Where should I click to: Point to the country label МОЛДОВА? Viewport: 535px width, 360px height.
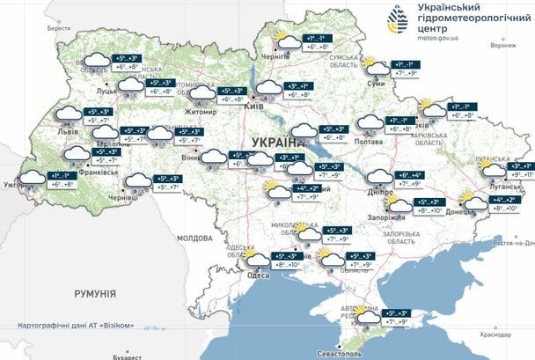[x=195, y=239]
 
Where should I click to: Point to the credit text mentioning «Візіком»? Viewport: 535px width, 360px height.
[x=75, y=326]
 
